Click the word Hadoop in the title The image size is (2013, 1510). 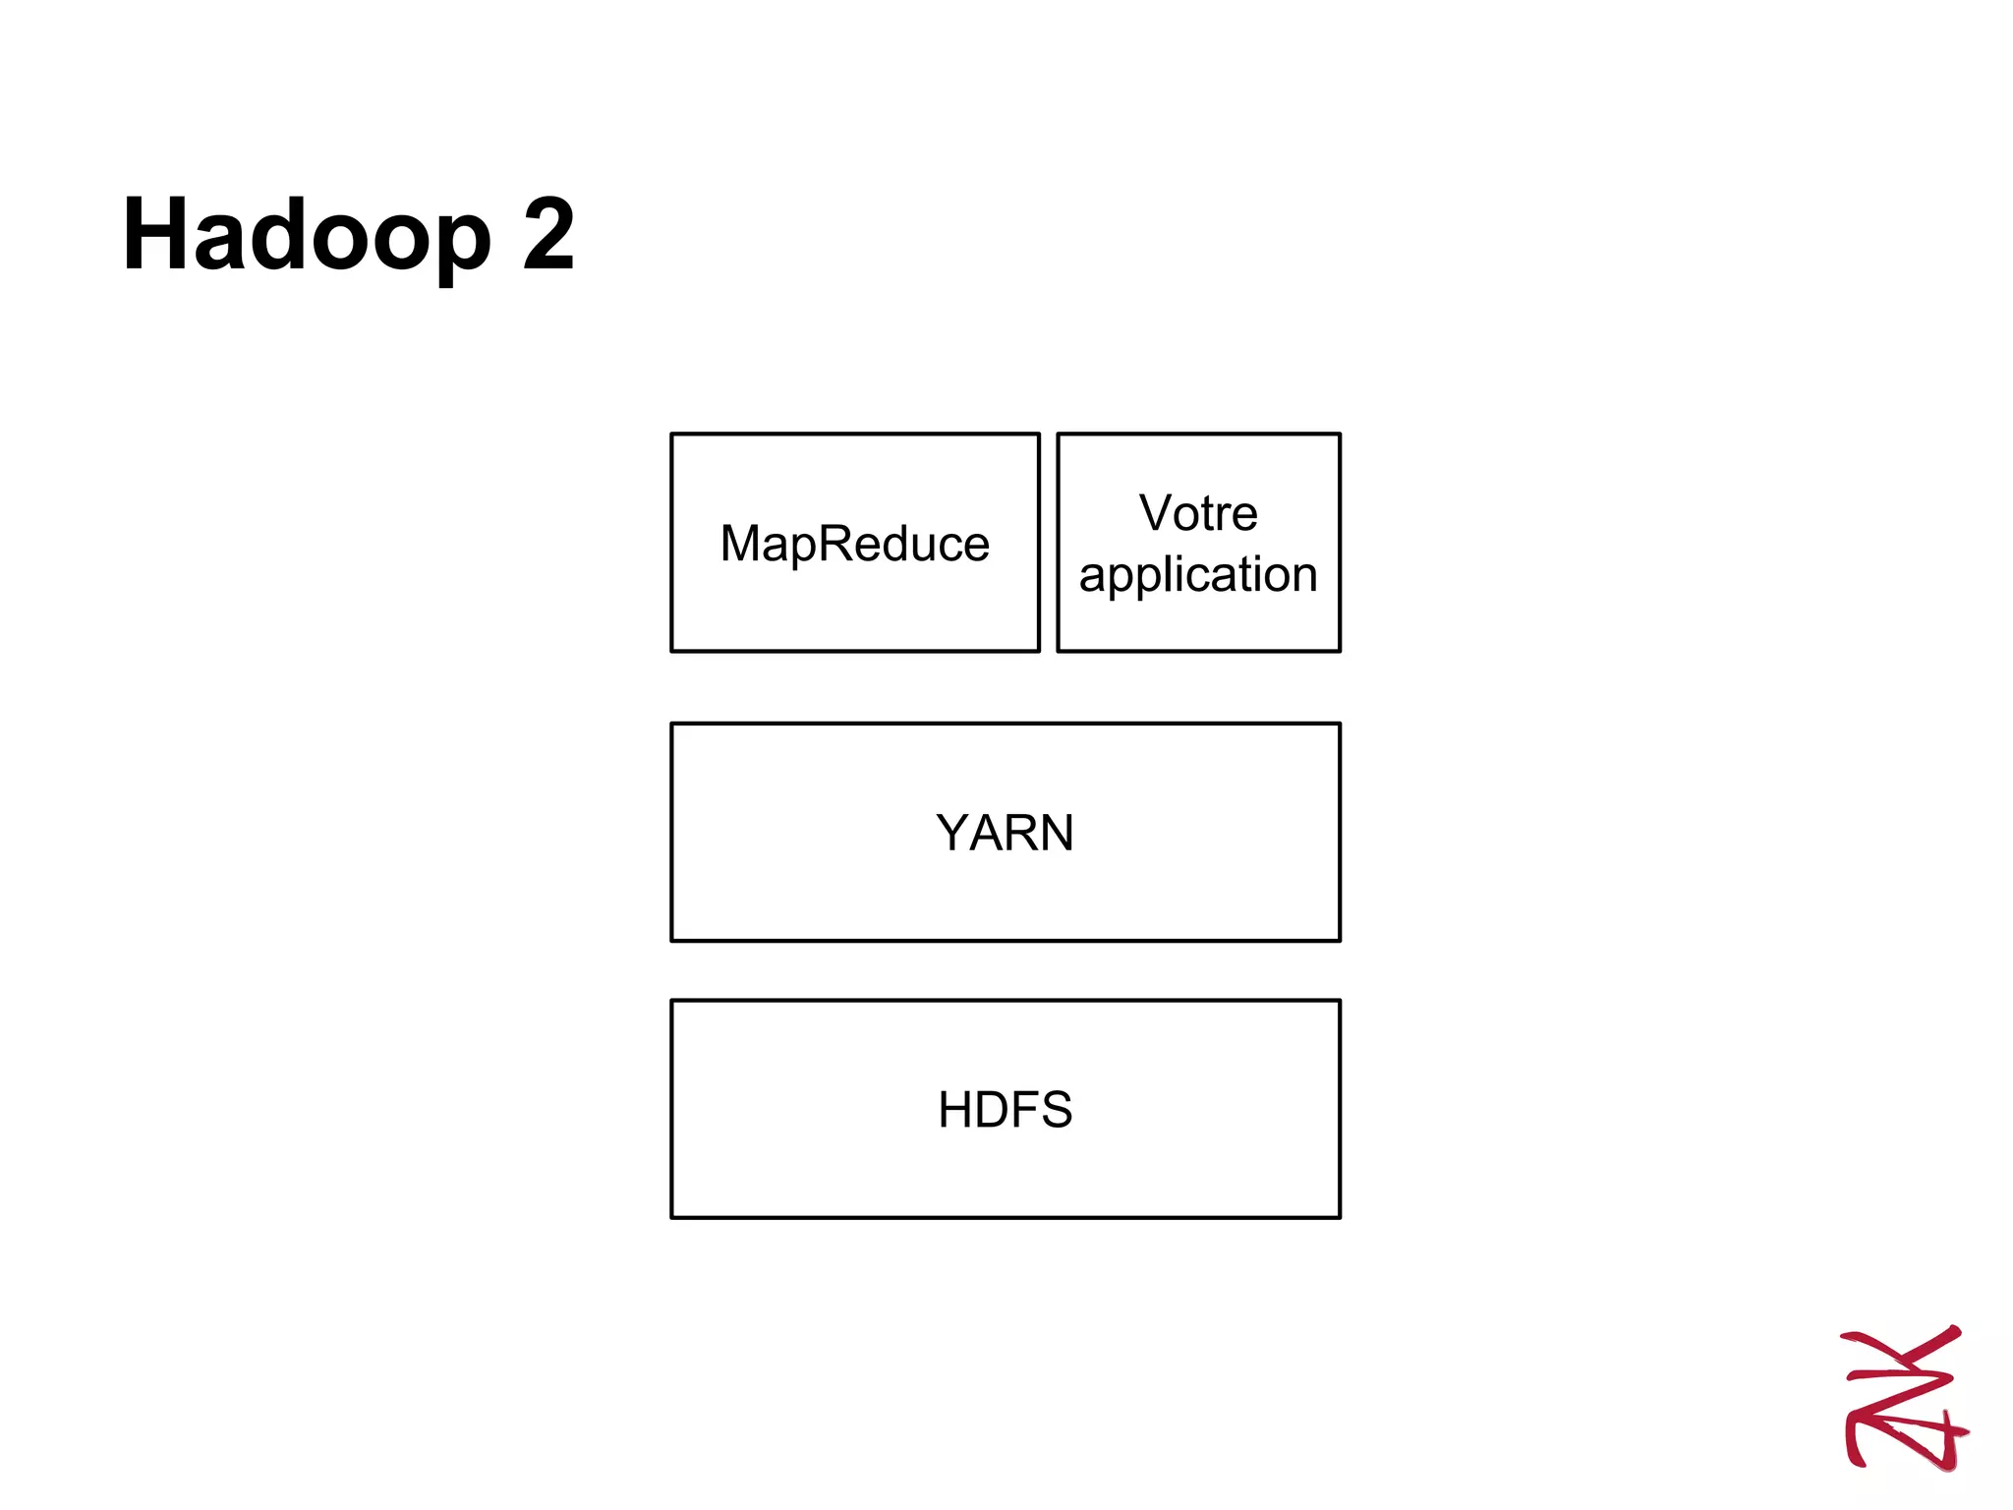click(307, 236)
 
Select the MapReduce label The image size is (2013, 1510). click(854, 544)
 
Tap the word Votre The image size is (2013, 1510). click(1198, 513)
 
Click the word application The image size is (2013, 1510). click(1198, 574)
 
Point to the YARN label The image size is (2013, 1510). click(1005, 833)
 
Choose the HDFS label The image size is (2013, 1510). click(1005, 1110)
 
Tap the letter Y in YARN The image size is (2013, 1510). click(953, 833)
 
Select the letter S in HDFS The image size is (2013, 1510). click(1054, 1110)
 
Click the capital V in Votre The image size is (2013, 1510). click(1157, 513)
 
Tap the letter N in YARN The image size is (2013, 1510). click(1055, 833)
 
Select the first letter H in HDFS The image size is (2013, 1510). click(956, 1110)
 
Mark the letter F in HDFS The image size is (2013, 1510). click(1027, 1110)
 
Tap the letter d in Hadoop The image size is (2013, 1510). click(279, 236)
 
